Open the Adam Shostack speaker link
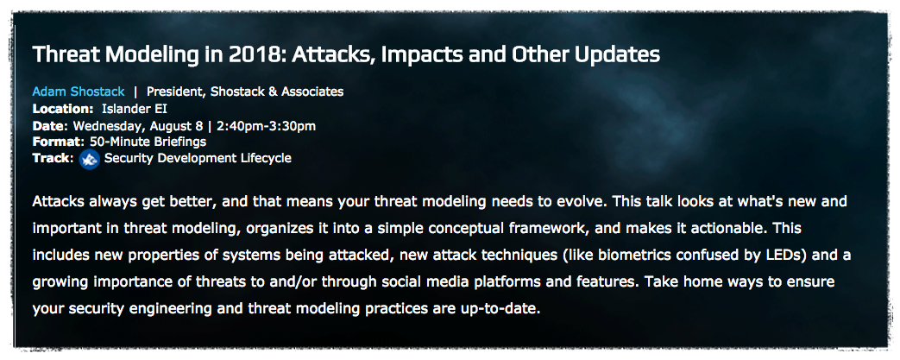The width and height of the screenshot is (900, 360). click(x=79, y=92)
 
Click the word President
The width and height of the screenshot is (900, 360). click(x=174, y=92)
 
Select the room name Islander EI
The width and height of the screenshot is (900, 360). click(x=135, y=109)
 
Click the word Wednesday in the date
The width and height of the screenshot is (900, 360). click(x=106, y=126)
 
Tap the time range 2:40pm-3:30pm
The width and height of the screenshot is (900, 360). click(x=267, y=126)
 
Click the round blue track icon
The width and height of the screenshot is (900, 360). click(x=90, y=159)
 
